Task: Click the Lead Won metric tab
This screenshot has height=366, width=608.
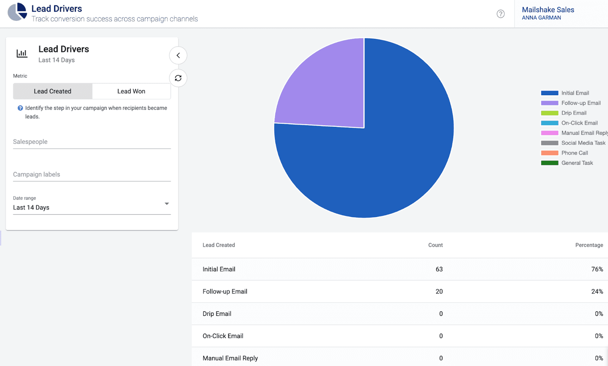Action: tap(131, 91)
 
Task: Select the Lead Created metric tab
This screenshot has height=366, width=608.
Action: tap(52, 91)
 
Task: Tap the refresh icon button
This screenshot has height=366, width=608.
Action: tap(178, 78)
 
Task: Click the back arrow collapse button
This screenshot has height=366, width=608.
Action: tap(178, 55)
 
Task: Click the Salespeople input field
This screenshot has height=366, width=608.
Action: tap(92, 142)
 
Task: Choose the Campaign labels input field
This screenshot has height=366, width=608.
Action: tap(92, 174)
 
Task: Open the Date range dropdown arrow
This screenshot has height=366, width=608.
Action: tap(167, 204)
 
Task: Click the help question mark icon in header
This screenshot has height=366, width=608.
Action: tap(501, 14)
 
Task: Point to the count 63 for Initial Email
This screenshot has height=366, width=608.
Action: tap(439, 269)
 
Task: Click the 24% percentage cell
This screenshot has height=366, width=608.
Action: tap(597, 291)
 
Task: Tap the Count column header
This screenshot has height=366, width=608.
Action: tap(435, 245)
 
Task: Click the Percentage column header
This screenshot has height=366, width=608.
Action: tap(589, 245)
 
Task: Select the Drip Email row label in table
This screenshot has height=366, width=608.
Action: tap(217, 314)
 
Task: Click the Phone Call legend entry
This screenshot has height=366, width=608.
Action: tap(574, 153)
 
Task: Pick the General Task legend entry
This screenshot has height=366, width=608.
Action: tap(577, 163)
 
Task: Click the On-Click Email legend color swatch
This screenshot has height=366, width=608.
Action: tap(550, 123)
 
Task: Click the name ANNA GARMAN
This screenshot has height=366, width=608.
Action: tap(541, 18)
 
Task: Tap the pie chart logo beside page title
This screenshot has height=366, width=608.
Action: tap(17, 12)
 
